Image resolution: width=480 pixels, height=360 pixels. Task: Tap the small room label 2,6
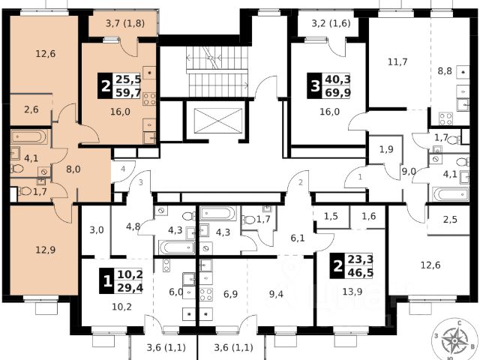pyautogui.click(x=31, y=110)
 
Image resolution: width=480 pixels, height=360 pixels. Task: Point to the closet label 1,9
pyautogui.click(x=385, y=148)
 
